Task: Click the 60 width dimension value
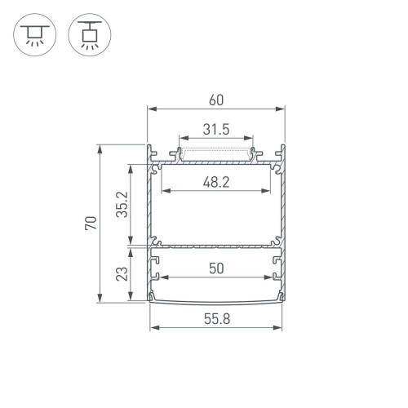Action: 215,100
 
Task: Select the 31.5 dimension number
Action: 215,129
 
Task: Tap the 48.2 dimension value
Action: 215,183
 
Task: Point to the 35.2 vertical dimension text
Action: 122,205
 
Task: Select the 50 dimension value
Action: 215,268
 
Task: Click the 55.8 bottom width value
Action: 215,320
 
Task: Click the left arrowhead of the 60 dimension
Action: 150,109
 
